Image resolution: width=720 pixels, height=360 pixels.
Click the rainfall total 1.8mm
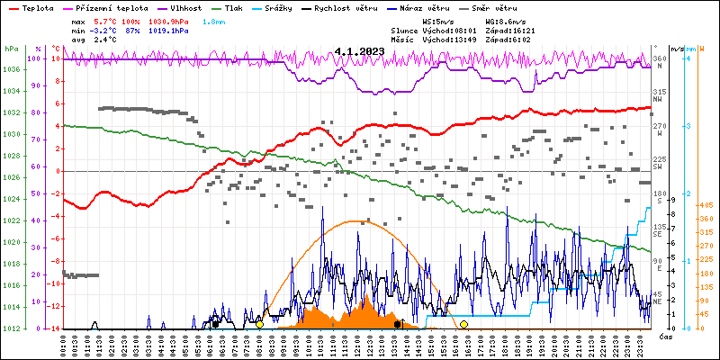click(x=215, y=20)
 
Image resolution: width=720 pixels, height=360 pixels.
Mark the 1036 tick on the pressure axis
click(x=11, y=69)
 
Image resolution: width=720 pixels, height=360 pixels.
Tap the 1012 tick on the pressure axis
click(x=11, y=328)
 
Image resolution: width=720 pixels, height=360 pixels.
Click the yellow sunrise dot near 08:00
click(x=259, y=324)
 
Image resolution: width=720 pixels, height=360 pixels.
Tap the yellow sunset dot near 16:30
click(x=464, y=324)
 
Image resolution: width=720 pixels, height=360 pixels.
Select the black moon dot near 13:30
click(x=397, y=324)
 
